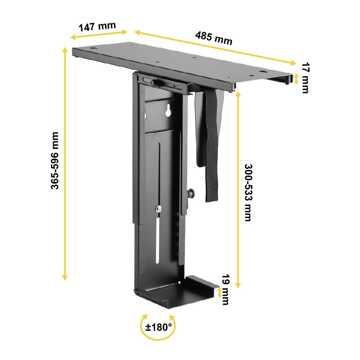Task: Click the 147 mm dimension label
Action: (x=97, y=27)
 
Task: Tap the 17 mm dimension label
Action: (x=306, y=78)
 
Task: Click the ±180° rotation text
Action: (x=158, y=327)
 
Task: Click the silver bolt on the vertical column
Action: (x=158, y=209)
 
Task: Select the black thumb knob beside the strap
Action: (x=191, y=194)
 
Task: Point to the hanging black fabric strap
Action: (x=211, y=146)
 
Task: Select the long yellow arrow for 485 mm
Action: (x=215, y=47)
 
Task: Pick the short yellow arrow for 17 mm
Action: (x=297, y=78)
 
